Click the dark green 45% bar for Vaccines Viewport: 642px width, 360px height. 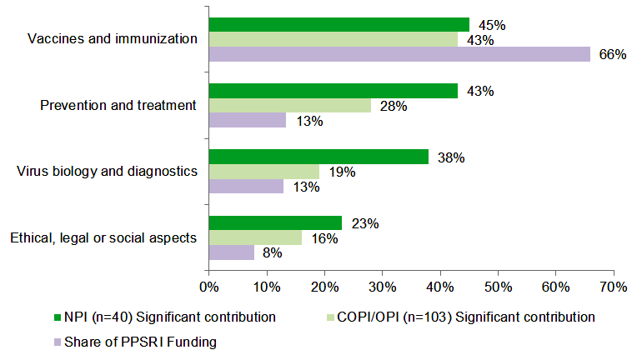339,24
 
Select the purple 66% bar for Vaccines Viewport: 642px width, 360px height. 399,55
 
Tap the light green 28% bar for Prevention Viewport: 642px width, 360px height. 290,105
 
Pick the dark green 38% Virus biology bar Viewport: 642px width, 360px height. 318,157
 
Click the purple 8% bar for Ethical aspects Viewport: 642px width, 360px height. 232,252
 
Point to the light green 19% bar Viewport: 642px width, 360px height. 264,172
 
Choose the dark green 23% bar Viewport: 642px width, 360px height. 275,222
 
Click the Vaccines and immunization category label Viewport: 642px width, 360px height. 113,39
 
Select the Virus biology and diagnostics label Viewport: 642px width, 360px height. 107,172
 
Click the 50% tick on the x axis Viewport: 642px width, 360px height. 498,288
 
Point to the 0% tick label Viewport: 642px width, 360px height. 208,288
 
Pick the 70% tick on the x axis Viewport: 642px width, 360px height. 614,288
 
